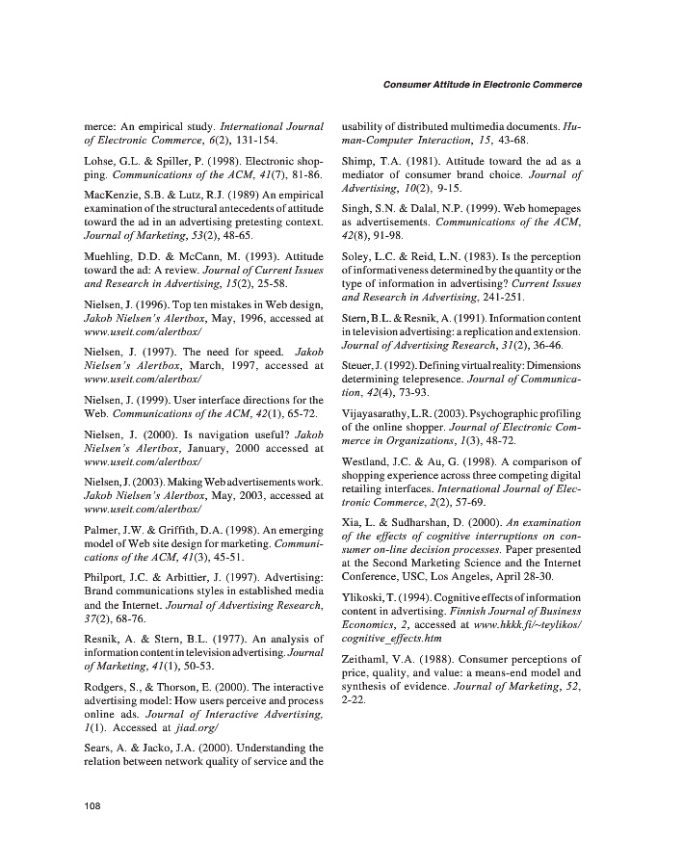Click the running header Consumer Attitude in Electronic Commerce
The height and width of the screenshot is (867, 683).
pyautogui.click(x=483, y=84)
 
